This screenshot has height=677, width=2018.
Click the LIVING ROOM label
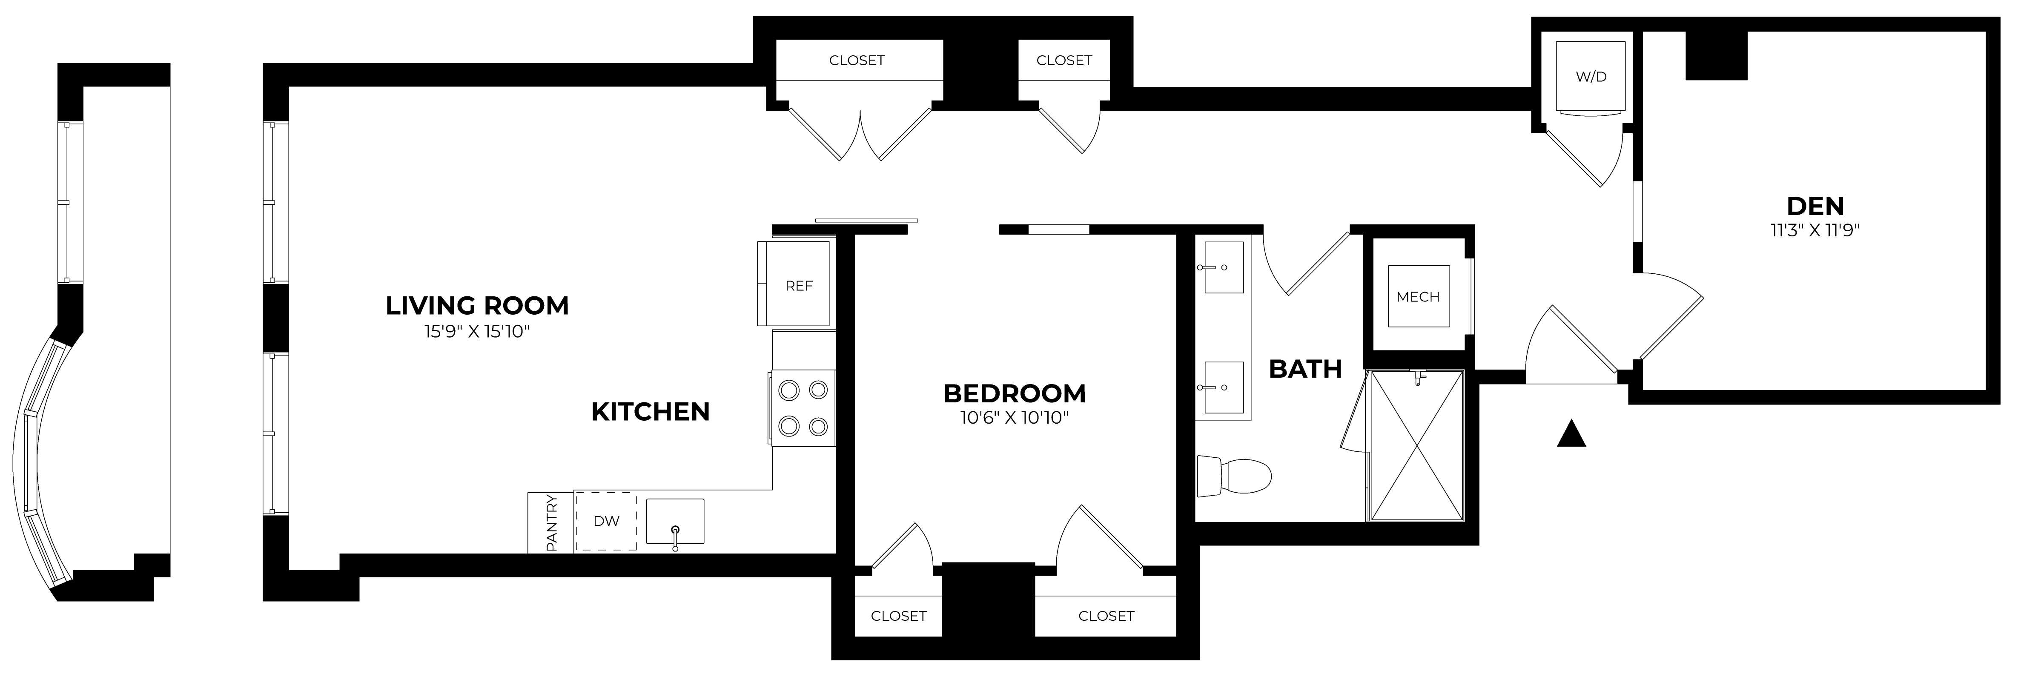[477, 306]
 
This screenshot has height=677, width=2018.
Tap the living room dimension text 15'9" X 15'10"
[477, 331]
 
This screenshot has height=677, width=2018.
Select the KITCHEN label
[650, 411]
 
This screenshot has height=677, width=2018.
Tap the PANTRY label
[551, 522]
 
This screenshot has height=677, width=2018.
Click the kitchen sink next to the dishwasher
[674, 521]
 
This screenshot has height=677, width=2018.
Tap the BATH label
[1305, 368]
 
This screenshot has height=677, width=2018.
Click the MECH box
[1418, 297]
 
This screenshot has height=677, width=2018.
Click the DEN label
[1815, 206]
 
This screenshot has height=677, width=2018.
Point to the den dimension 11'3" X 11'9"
[1815, 230]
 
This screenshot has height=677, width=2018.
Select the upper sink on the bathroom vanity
[1224, 267]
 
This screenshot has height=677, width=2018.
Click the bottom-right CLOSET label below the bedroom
[1105, 616]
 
